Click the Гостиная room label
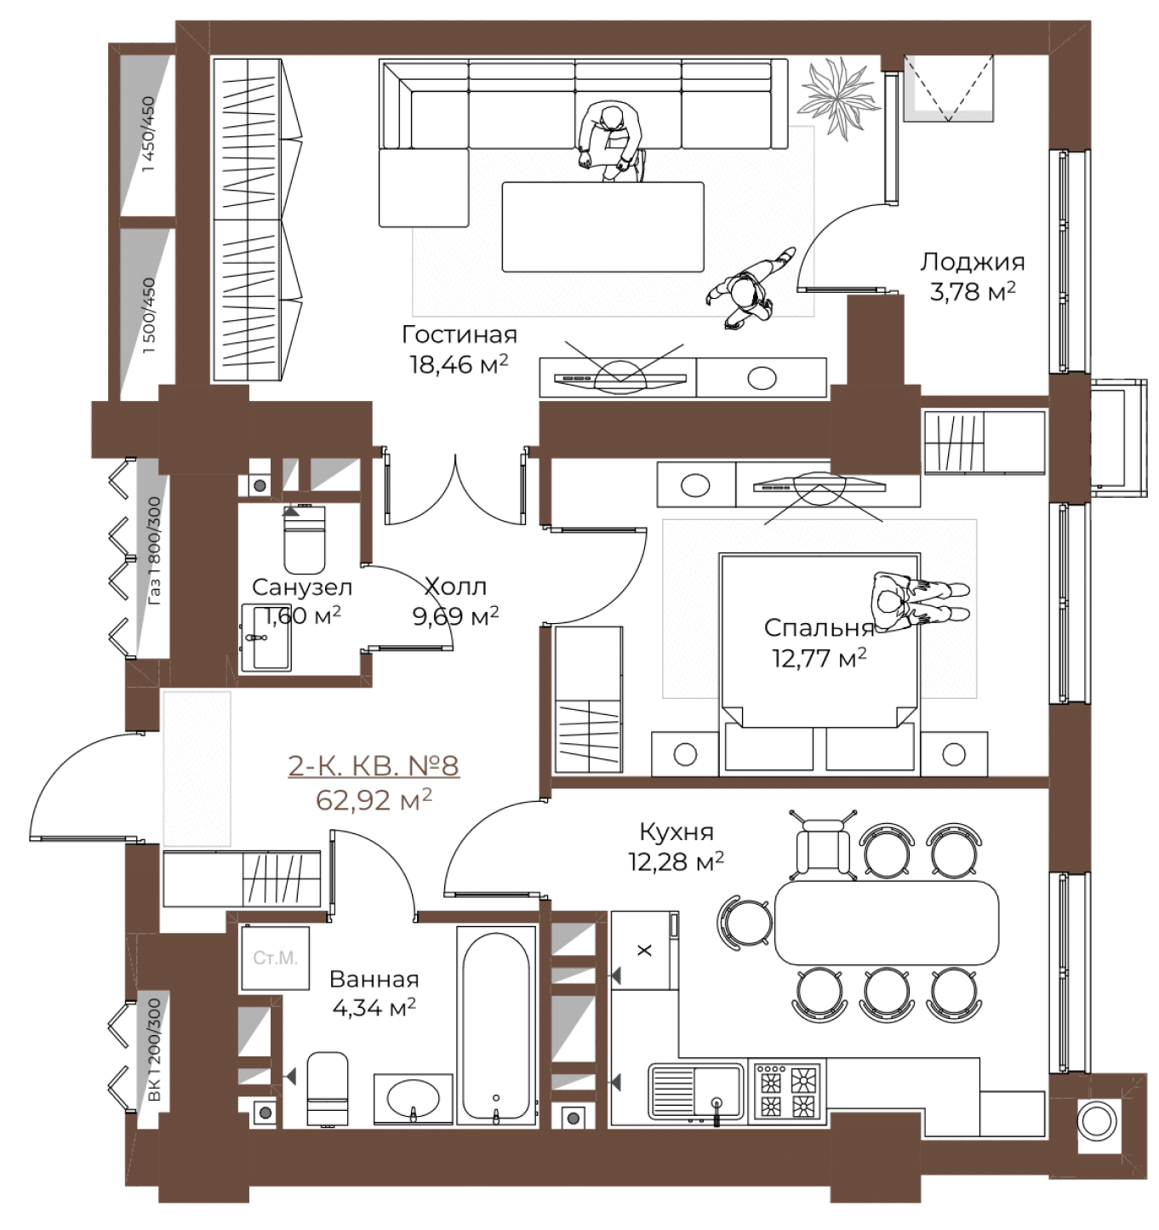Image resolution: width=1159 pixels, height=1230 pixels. (459, 335)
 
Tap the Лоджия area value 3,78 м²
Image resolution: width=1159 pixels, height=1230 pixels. (973, 291)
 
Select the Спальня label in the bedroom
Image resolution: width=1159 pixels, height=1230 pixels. (819, 628)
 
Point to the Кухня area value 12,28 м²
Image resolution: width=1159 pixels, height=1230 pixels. (677, 861)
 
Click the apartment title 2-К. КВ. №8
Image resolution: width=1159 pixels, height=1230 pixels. (374, 766)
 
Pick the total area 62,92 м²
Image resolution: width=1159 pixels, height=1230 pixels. (374, 800)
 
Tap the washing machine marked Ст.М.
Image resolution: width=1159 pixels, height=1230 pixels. (275, 958)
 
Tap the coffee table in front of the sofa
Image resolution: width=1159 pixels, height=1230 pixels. (602, 226)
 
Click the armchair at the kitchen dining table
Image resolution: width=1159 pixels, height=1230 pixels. (823, 846)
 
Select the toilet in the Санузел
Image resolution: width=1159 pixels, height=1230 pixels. (304, 540)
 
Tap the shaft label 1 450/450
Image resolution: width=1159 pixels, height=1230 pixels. (149, 134)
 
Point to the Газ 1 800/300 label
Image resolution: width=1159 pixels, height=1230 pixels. (154, 551)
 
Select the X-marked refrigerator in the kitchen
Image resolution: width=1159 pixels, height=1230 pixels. (644, 950)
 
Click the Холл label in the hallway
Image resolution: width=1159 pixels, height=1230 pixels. (456, 586)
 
